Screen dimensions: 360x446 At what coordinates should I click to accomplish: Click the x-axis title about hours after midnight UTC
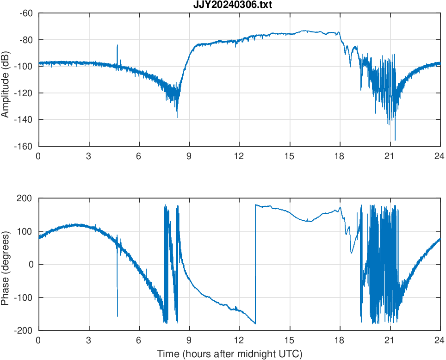229,354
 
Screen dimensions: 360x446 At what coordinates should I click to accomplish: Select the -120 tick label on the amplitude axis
24,93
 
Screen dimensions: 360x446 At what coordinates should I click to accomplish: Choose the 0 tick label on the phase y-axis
31,265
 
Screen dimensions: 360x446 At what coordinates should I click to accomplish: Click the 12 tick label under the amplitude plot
239,156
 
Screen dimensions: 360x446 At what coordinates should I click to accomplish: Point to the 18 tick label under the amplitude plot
340,156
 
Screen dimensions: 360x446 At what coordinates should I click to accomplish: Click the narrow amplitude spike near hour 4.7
117,46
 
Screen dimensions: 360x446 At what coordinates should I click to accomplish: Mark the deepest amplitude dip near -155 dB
395,139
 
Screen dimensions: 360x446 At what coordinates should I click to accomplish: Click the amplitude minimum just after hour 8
177,117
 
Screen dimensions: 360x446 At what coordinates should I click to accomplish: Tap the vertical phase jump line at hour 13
255,264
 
